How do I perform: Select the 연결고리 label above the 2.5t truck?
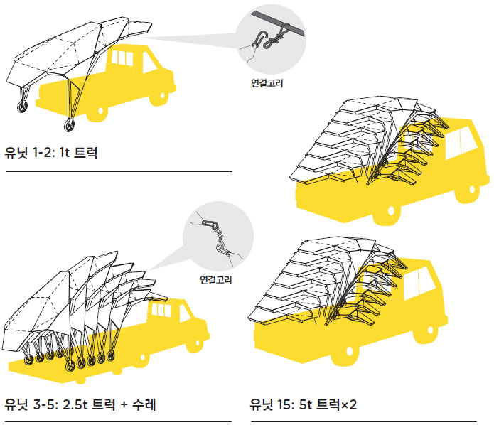[217, 279]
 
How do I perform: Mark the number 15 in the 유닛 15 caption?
[282, 406]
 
